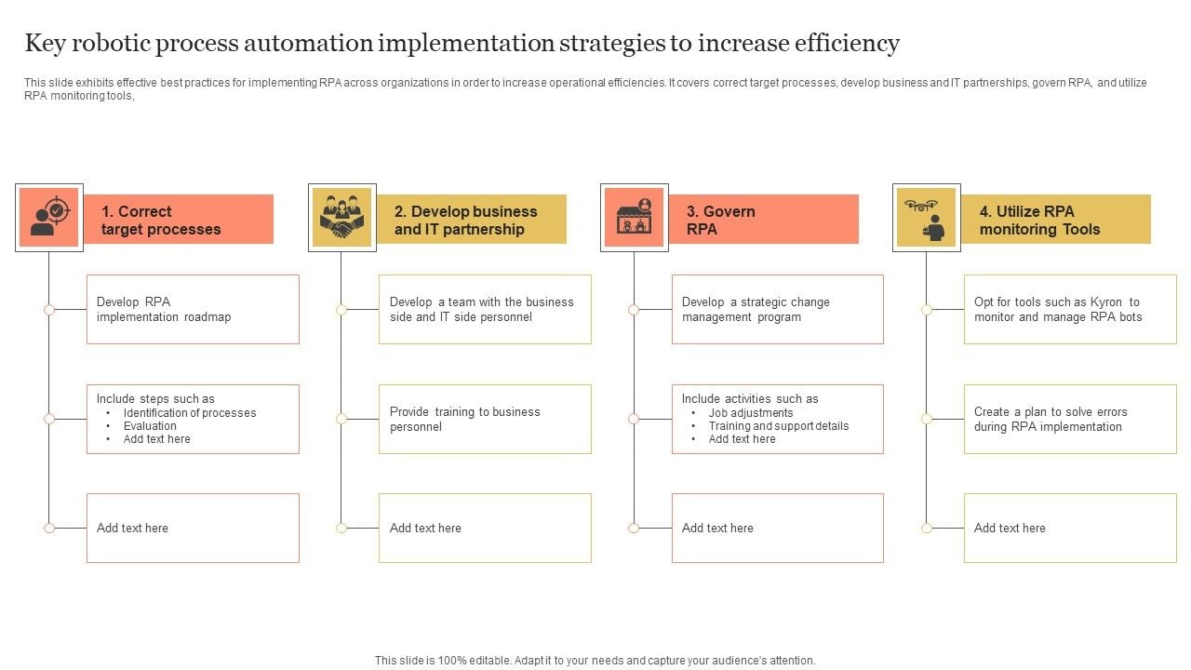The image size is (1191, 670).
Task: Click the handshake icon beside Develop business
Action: [341, 218]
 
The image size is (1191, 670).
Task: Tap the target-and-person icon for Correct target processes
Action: [49, 218]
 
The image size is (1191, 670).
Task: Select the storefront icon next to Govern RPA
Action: [635, 218]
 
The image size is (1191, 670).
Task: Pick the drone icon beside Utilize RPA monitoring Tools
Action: [927, 218]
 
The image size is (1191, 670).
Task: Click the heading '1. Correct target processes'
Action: [161, 221]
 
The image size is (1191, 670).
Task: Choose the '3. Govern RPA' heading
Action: [720, 221]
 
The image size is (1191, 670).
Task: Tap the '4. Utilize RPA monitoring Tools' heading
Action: [1039, 221]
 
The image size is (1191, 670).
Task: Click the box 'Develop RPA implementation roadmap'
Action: [193, 309]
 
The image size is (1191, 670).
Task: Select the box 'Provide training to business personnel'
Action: [485, 419]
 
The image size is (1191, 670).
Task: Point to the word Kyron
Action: [1107, 302]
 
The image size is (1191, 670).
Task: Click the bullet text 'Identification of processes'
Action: [190, 413]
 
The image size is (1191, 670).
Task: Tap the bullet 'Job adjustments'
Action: [751, 413]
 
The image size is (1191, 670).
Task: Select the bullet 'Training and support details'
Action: [779, 426]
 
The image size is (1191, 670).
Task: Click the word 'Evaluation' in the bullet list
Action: [150, 426]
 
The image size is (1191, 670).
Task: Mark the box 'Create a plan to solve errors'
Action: [1070, 419]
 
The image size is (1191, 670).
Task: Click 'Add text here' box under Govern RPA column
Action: [777, 528]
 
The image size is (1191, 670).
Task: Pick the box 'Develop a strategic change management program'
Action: [777, 309]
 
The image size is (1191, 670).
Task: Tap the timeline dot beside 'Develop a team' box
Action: [341, 310]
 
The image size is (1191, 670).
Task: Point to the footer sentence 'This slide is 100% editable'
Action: [595, 661]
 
